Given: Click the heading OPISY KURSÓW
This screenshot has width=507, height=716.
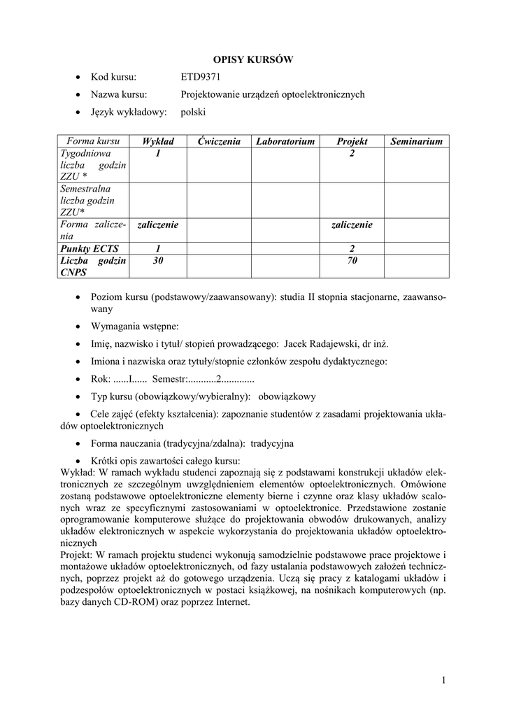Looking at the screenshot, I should (252, 60).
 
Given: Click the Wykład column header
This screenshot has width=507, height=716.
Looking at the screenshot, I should (158, 141).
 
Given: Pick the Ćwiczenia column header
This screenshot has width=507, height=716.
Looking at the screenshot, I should (218, 141).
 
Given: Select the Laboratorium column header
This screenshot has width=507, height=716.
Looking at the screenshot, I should (285, 141).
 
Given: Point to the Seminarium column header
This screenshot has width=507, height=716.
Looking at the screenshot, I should (416, 141).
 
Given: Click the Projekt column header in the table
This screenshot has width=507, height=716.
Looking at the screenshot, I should (352, 141).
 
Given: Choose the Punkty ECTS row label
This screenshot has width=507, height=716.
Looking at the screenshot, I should (90, 248).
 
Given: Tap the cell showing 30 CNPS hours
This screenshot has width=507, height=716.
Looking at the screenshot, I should (158, 261).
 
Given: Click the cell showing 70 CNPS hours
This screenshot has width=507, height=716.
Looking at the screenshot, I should (352, 261).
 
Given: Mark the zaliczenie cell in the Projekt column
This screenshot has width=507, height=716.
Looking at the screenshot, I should (352, 224).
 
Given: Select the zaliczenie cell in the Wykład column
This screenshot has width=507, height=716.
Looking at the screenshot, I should (158, 224).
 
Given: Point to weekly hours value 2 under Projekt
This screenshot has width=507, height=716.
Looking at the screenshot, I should (352, 153).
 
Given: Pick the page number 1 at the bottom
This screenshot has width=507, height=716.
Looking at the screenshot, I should (443, 680).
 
